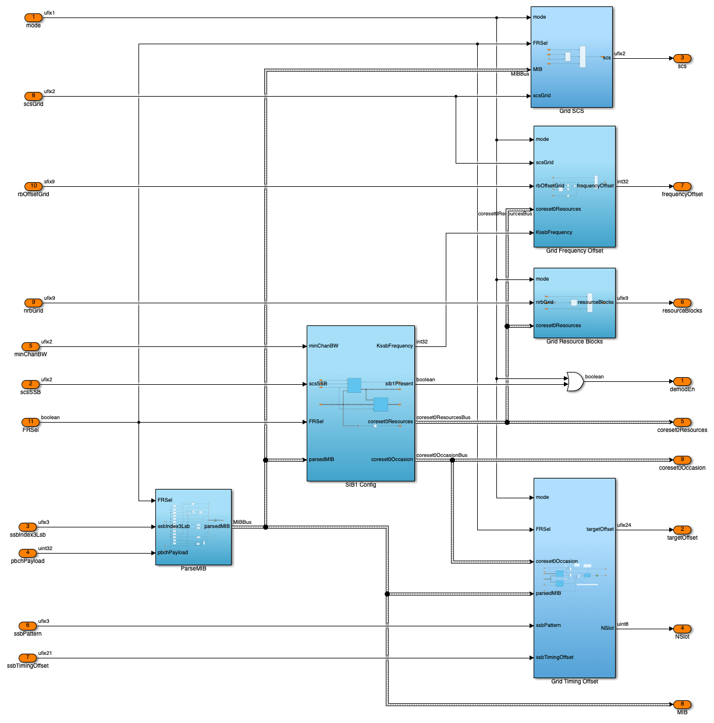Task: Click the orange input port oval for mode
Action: [33, 17]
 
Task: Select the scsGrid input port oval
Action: [33, 96]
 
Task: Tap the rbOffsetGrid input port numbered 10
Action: [33, 186]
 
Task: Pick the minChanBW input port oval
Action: [30, 346]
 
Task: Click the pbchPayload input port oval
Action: [27, 553]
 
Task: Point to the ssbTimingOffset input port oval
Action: [27, 658]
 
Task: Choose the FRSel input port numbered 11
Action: [30, 422]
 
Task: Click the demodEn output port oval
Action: [682, 381]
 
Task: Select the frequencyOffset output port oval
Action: [682, 186]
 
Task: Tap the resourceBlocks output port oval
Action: [682, 303]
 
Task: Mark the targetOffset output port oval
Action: [682, 530]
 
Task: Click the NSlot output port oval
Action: [682, 629]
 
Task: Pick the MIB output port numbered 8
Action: [682, 704]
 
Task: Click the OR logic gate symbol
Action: [575, 382]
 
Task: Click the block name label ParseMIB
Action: [193, 569]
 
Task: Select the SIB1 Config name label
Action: [361, 485]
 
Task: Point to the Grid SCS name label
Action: [571, 111]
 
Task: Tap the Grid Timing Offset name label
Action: [574, 682]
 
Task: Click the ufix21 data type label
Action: [45, 653]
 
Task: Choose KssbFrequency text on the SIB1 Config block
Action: [395, 346]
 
